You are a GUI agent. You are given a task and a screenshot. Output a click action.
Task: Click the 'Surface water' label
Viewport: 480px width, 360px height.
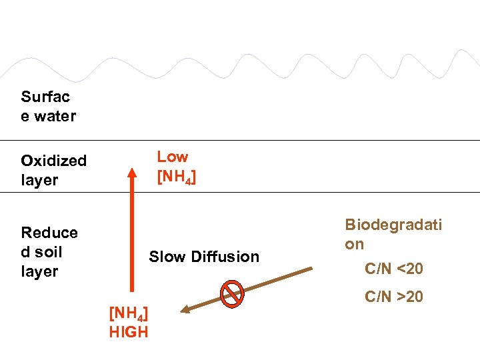coord(48,107)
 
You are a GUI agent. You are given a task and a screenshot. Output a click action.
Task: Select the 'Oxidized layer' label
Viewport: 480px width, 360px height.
coord(53,170)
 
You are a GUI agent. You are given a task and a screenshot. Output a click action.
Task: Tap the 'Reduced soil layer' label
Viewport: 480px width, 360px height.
coord(49,252)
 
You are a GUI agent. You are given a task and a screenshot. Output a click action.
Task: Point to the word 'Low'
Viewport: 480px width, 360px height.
coord(173,157)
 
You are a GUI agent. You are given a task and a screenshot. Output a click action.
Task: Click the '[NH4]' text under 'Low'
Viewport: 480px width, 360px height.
coord(176,178)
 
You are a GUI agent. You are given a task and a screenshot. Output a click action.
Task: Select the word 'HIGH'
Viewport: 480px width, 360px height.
coord(129,332)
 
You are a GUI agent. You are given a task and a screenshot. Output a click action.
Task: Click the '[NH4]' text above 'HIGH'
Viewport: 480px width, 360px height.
coord(128,314)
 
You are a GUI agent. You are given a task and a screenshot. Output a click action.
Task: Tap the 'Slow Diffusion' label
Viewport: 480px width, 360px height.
coord(204,257)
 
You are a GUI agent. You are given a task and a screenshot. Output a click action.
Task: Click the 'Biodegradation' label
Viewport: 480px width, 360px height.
coord(393,234)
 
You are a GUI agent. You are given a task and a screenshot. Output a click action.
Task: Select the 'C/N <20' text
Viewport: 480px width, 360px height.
coord(393,269)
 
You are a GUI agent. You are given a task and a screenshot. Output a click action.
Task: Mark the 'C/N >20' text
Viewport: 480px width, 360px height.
coord(393,296)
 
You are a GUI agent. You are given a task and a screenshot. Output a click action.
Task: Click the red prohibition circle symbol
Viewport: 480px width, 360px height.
coord(232,294)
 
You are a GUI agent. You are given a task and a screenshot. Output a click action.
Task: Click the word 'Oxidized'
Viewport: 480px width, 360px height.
coord(53,161)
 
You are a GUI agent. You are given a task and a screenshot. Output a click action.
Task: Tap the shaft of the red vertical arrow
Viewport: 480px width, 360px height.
coord(131,233)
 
